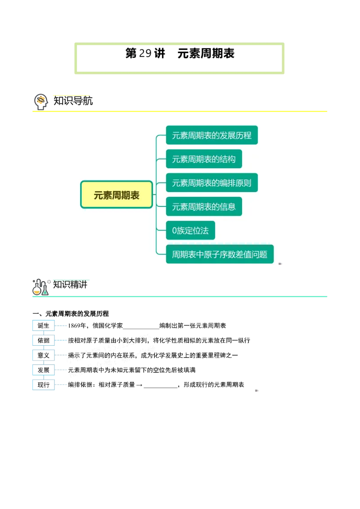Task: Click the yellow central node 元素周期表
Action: point(117,195)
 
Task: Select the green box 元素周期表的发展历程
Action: point(211,135)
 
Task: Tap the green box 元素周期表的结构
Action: point(204,159)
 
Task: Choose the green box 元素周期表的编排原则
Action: point(211,183)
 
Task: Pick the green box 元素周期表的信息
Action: point(204,206)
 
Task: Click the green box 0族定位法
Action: point(190,230)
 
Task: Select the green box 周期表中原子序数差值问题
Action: point(220,254)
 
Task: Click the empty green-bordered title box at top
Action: point(180,57)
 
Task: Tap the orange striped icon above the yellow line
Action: point(41,100)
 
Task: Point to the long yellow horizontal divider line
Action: point(180,111)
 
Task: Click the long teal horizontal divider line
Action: point(180,297)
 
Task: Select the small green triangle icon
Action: point(45,292)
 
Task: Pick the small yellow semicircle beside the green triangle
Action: point(37,291)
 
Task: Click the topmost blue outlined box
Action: point(44,325)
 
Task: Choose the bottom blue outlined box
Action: point(44,385)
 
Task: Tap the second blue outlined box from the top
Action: point(44,340)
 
